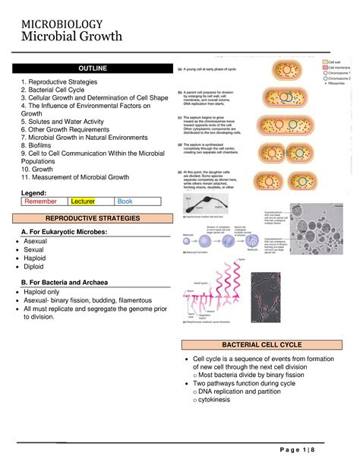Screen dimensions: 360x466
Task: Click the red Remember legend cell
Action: (43, 201)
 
